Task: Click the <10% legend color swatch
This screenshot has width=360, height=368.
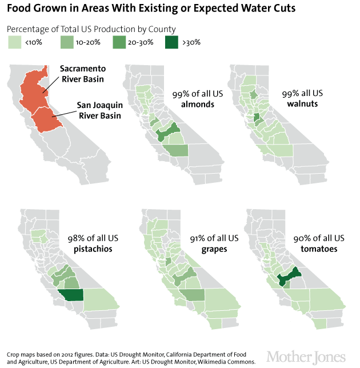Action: click(x=15, y=42)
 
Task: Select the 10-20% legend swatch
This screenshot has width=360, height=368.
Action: click(x=67, y=42)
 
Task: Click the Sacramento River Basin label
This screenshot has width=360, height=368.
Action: click(x=82, y=74)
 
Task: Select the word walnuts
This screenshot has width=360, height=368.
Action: click(x=303, y=105)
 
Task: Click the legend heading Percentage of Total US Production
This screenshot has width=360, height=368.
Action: click(x=91, y=29)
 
